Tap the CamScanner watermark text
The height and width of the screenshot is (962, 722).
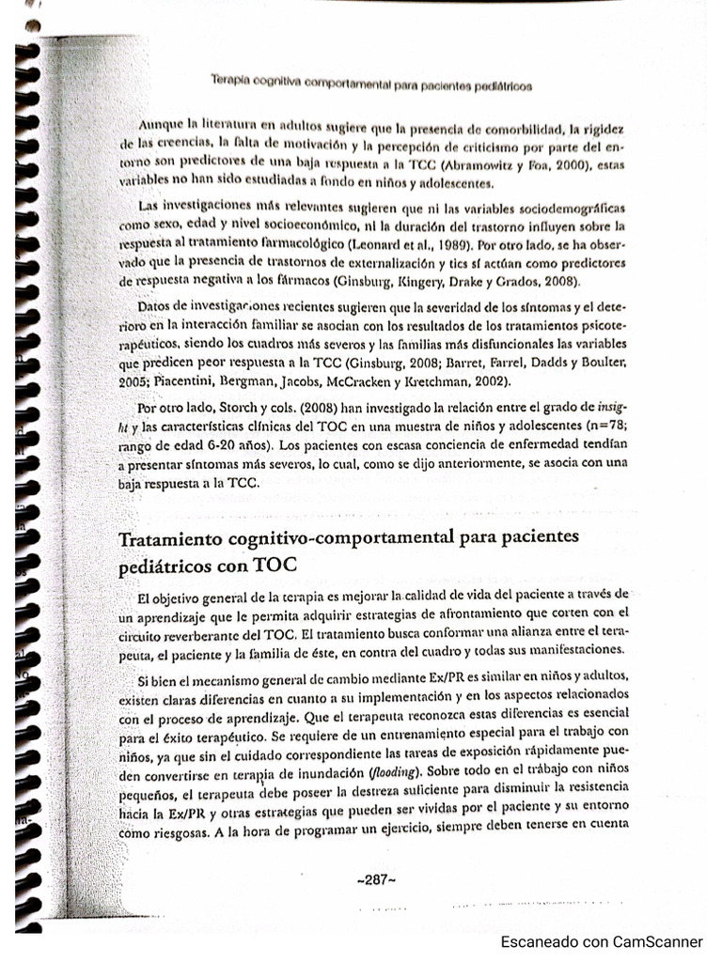(602, 941)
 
